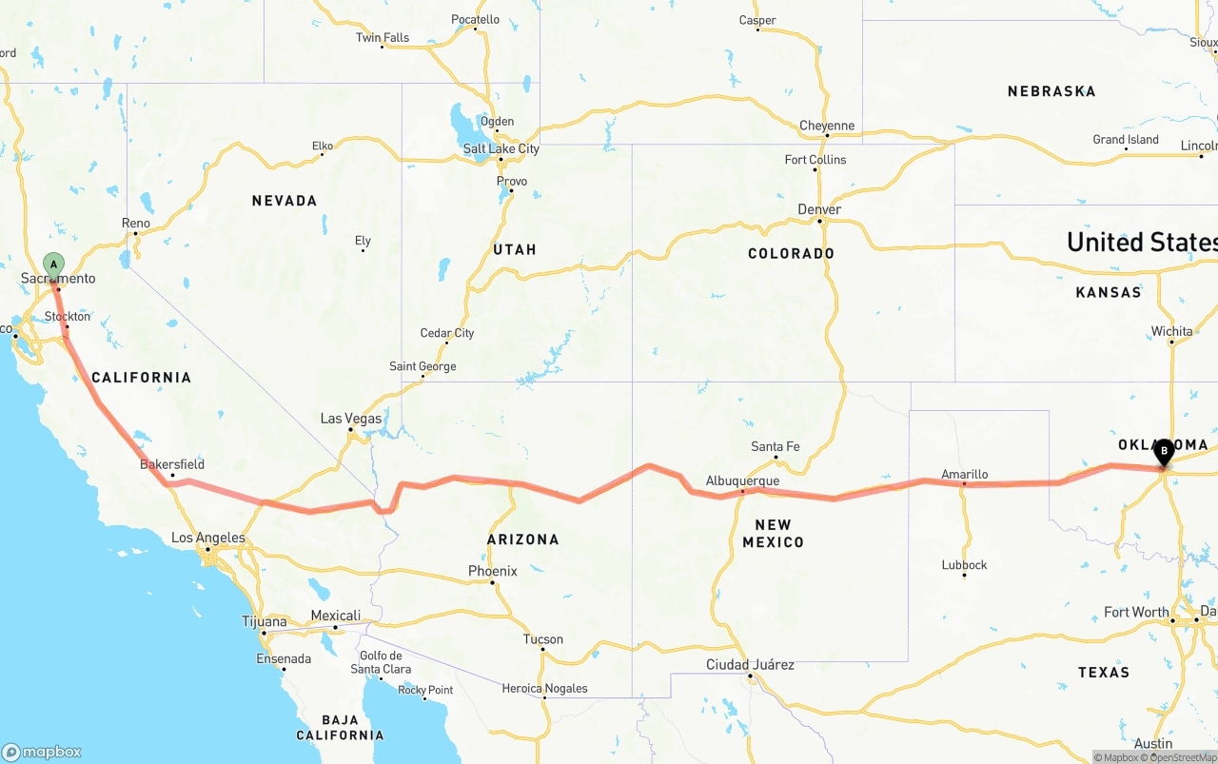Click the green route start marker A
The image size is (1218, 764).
(54, 264)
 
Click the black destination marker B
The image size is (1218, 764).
(1163, 451)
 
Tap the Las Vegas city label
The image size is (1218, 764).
(351, 419)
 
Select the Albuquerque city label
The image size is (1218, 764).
(742, 481)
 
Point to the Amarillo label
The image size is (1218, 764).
(964, 474)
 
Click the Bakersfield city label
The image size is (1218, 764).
(172, 464)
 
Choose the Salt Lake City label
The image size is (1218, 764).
(501, 149)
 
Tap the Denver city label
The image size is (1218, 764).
(819, 209)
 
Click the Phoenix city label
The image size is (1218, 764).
(492, 571)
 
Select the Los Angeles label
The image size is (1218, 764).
(207, 538)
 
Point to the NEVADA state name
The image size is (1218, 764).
(284, 201)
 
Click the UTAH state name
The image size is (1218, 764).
(515, 249)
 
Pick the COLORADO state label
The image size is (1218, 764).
(791, 253)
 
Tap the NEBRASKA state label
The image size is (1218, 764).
(1051, 91)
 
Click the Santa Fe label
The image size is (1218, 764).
(775, 446)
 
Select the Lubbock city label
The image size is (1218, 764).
(964, 564)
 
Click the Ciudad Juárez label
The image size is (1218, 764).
(750, 664)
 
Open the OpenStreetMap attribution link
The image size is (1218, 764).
(1179, 757)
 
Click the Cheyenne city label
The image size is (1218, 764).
(826, 126)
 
